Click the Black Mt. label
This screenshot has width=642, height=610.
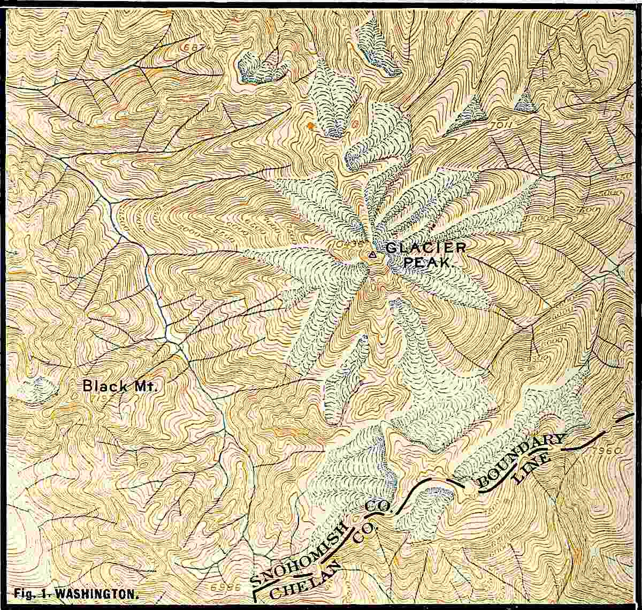tap(120, 386)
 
